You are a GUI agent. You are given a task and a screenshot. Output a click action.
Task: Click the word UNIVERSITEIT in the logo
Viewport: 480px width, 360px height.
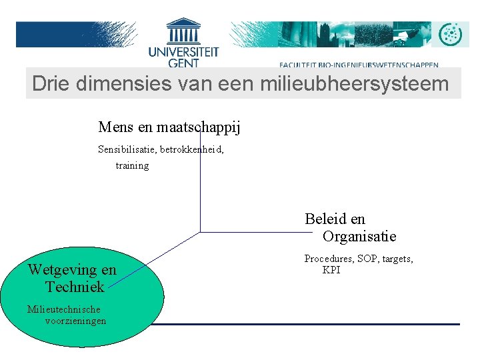(183, 51)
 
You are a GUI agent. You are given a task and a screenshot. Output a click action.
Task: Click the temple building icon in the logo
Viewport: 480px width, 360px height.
(183, 31)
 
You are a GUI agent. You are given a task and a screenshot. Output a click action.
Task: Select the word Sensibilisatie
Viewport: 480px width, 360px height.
(127, 149)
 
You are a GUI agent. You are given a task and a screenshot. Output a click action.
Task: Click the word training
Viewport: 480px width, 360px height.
(132, 165)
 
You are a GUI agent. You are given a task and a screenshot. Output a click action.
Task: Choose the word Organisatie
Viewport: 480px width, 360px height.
(359, 237)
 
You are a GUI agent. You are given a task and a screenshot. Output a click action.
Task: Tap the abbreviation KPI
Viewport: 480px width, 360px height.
(331, 270)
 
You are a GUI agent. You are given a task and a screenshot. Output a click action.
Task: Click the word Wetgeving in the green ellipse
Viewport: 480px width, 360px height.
(56, 270)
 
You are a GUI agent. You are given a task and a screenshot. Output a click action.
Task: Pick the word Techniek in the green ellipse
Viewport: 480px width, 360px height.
(75, 287)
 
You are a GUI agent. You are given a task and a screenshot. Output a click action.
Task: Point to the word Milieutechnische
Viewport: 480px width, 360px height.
(63, 309)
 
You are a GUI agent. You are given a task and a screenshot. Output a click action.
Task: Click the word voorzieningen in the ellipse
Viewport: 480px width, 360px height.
(75, 321)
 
